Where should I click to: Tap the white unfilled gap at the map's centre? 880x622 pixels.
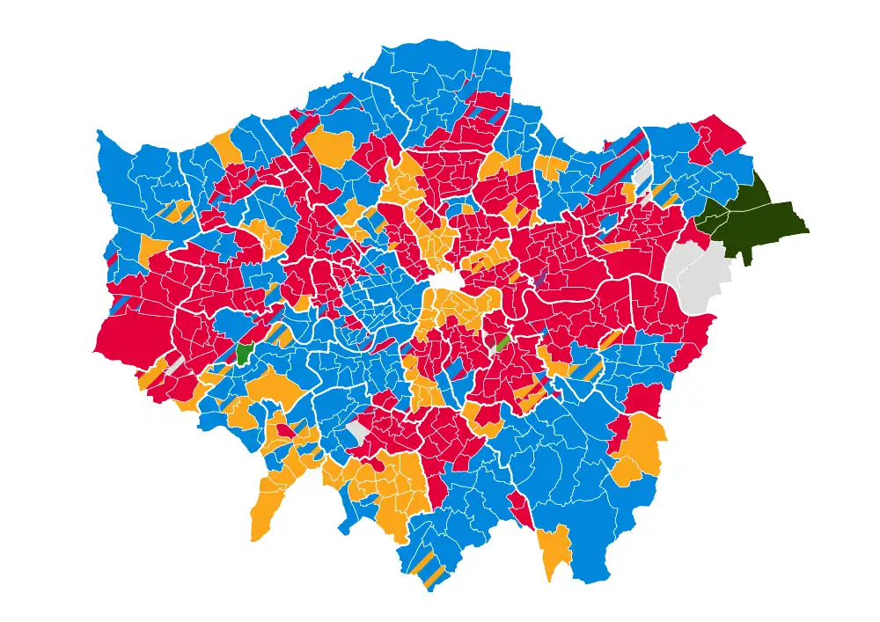pos(445,282)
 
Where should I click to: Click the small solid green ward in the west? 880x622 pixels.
pos(245,353)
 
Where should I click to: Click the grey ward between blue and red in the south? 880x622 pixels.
pos(358,431)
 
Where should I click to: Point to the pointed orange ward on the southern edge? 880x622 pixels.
pos(554,550)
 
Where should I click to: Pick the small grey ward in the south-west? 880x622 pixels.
pos(177,364)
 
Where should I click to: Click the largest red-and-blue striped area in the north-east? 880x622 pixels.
pos(616,167)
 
